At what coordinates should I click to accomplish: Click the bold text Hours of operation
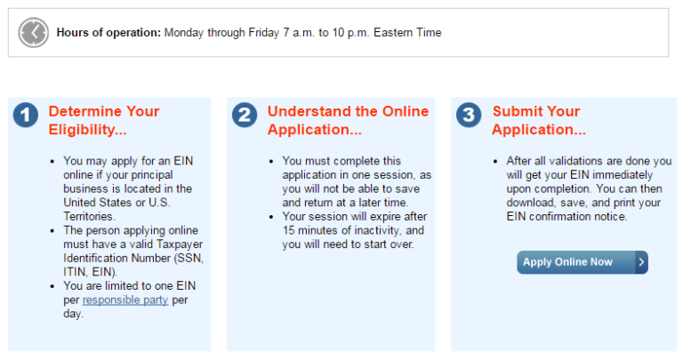click(x=108, y=33)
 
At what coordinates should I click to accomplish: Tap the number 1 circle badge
click(x=26, y=115)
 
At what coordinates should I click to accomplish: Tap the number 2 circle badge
click(x=245, y=115)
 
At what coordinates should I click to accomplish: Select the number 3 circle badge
click(x=469, y=115)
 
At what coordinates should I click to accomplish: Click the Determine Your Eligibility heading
click(x=103, y=121)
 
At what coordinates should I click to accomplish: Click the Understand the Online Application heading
click(x=348, y=121)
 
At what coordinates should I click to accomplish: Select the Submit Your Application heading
click(x=539, y=121)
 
